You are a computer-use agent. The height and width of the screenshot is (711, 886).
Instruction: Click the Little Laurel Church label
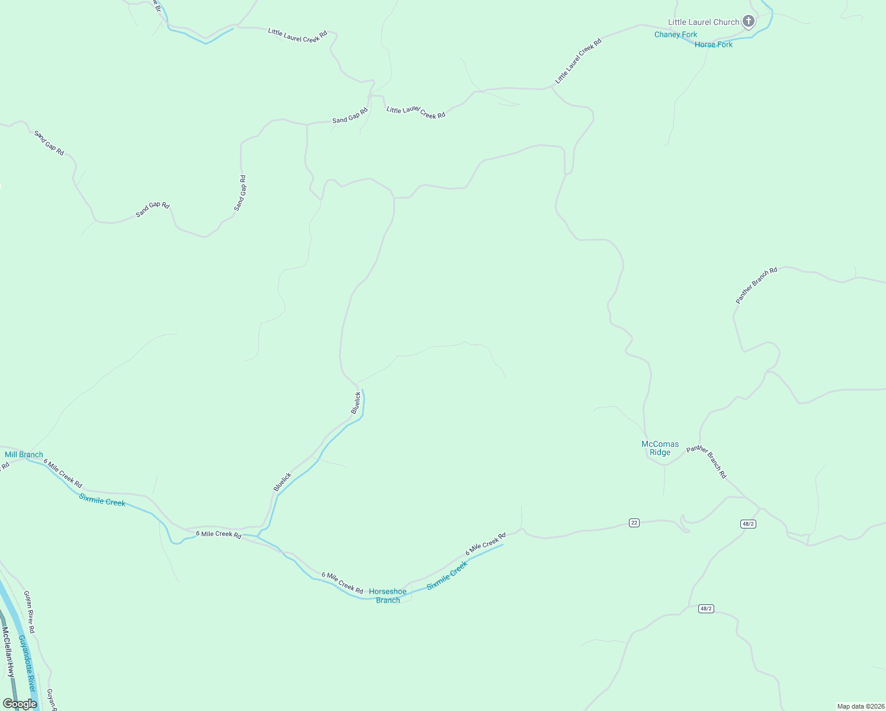click(704, 23)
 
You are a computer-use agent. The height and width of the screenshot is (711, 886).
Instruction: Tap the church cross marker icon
click(749, 21)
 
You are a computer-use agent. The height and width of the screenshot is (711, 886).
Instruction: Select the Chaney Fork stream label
click(675, 34)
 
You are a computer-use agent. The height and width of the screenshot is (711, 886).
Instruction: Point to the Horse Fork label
click(713, 44)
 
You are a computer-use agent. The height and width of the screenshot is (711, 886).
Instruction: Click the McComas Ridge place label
click(660, 448)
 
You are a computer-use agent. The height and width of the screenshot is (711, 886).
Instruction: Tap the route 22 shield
click(634, 523)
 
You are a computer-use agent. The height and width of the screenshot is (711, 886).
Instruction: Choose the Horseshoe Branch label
click(387, 595)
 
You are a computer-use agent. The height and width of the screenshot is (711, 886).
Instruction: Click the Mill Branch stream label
click(24, 454)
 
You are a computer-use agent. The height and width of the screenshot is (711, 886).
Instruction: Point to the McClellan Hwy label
click(8, 652)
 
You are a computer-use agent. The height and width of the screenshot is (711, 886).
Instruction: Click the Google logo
click(20, 704)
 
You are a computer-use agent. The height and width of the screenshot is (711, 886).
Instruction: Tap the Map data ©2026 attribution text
click(860, 706)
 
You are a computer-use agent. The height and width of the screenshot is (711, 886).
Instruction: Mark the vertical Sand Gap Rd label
click(240, 193)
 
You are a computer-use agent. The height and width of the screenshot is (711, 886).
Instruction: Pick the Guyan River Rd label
click(30, 611)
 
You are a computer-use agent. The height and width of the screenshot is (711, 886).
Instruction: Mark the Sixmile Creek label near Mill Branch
click(102, 501)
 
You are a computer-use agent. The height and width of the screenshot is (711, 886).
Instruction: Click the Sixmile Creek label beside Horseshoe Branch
click(447, 575)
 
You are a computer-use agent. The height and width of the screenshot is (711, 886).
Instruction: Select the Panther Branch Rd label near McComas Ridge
click(707, 462)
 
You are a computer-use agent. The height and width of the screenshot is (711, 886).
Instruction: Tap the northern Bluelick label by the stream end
click(355, 403)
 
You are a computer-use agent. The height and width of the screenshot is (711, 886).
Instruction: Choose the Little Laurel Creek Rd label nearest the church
click(578, 60)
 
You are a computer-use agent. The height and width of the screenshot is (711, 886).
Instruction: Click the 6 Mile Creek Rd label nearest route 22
click(485, 544)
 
